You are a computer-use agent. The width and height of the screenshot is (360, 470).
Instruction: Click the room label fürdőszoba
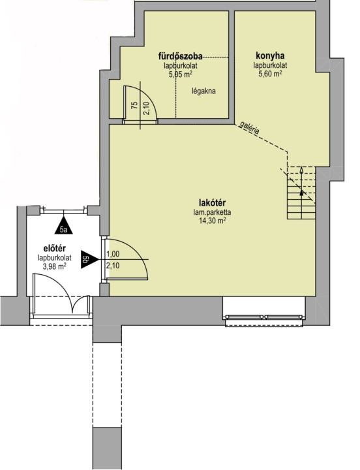pyautogui.click(x=180, y=56)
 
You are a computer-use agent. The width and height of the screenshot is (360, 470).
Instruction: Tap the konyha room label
pyautogui.click(x=270, y=55)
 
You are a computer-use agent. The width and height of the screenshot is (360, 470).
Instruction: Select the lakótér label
pyautogui.click(x=212, y=202)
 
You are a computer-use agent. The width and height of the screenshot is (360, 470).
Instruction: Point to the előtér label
pyautogui.click(x=55, y=249)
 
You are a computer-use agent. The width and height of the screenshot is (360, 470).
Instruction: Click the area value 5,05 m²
pyautogui.click(x=180, y=74)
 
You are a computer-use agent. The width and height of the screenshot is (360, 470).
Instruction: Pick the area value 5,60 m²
pyautogui.click(x=270, y=74)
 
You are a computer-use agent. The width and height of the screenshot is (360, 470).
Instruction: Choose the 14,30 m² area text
pyautogui.click(x=212, y=221)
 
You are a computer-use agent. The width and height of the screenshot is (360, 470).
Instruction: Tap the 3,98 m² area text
pyautogui.click(x=55, y=266)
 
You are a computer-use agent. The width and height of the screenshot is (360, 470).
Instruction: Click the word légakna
pyautogui.click(x=203, y=91)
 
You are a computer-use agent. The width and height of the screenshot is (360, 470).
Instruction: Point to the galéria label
pyautogui.click(x=250, y=129)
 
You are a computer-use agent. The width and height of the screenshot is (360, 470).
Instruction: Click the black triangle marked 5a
pyautogui.click(x=64, y=225)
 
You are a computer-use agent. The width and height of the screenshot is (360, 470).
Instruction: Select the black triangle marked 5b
pyautogui.click(x=89, y=260)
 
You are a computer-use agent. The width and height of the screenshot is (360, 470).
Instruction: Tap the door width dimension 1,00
pyautogui.click(x=113, y=254)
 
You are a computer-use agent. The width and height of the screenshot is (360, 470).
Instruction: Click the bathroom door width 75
pyautogui.click(x=135, y=105)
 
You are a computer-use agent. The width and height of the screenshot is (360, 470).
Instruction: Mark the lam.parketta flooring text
pyautogui.click(x=212, y=213)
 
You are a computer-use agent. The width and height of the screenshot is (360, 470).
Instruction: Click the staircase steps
pyautogui.click(x=301, y=193)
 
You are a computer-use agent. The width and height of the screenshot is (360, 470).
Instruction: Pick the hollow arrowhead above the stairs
pyautogui.click(x=301, y=171)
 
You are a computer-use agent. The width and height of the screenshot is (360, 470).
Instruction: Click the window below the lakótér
pyautogui.click(x=264, y=317)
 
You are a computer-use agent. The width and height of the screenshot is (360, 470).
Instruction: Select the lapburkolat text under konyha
pyautogui.click(x=270, y=65)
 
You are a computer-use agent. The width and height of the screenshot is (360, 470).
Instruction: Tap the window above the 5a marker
pyautogui.click(x=63, y=211)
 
